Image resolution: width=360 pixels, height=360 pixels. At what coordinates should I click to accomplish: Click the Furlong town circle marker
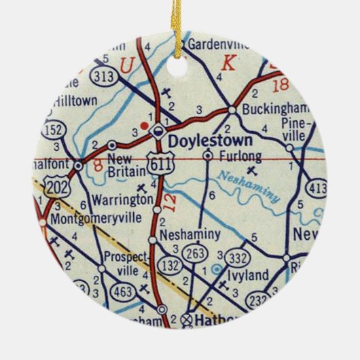208,156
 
